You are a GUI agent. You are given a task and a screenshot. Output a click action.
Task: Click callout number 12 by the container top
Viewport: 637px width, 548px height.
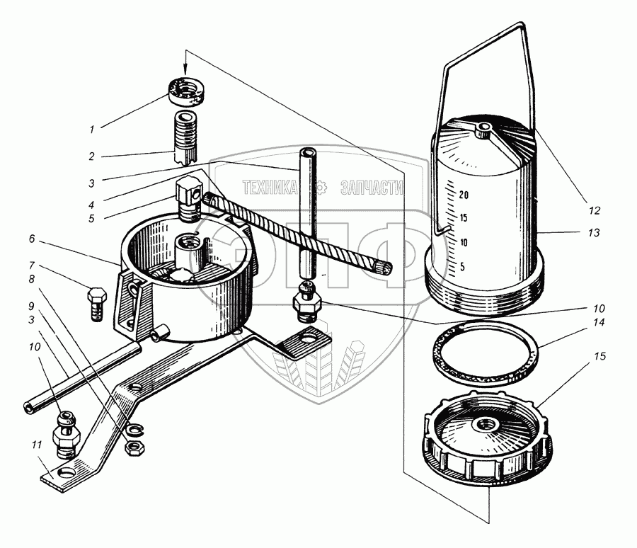pyautogui.click(x=593, y=210)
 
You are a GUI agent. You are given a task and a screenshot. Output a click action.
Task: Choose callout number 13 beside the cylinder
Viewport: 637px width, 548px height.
pyautogui.click(x=593, y=233)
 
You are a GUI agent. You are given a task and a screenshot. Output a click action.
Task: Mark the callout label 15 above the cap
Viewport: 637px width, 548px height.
pyautogui.click(x=600, y=356)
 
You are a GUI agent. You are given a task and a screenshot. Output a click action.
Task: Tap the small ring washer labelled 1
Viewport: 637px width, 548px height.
pyautogui.click(x=186, y=91)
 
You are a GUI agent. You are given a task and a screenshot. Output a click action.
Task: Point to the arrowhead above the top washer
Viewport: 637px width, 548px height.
pyautogui.click(x=186, y=69)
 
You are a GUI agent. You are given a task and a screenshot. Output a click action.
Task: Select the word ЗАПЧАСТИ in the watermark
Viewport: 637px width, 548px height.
pyautogui.click(x=371, y=188)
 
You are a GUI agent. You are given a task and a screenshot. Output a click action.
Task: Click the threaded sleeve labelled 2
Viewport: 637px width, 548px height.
pyautogui.click(x=186, y=135)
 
